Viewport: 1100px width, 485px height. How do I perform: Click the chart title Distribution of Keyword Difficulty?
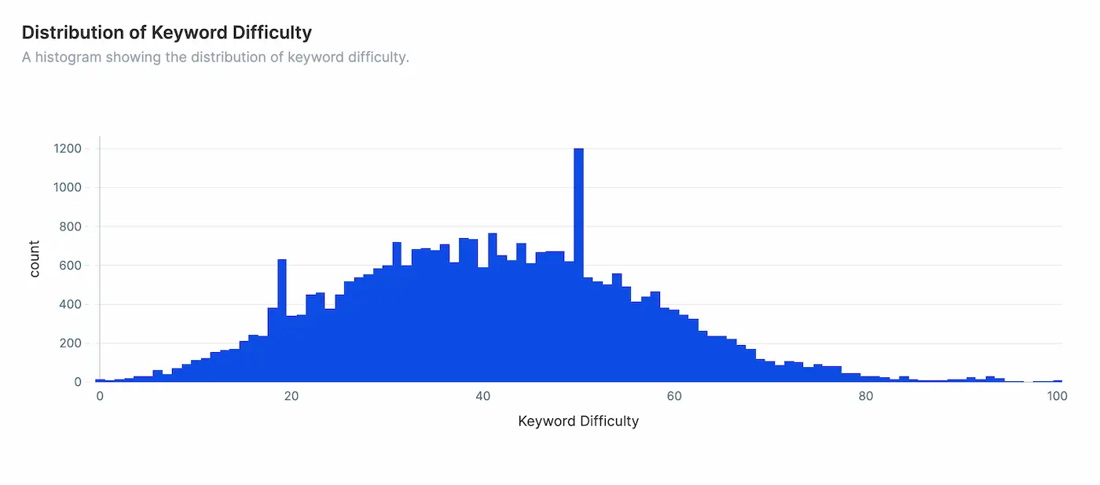(x=167, y=33)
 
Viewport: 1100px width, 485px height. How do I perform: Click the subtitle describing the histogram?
(x=215, y=57)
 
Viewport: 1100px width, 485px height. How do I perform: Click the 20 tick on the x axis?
(x=291, y=396)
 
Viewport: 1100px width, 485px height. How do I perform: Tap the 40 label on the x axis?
(x=483, y=396)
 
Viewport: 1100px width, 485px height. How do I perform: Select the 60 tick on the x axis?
(x=674, y=396)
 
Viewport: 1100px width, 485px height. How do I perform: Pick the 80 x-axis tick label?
(x=866, y=396)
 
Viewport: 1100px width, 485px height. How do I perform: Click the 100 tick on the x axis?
(x=1058, y=396)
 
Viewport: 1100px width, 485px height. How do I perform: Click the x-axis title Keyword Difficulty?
(x=578, y=421)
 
